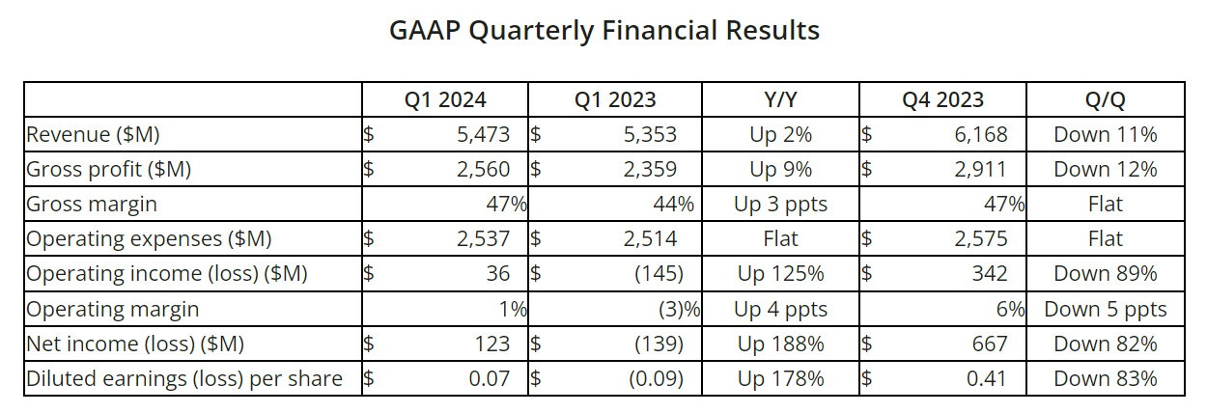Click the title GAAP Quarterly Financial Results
coord(604,31)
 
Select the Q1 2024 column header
coord(445,100)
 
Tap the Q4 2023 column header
coord(943,100)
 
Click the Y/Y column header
coord(780,100)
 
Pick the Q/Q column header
coord(1106,100)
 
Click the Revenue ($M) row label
coord(93,135)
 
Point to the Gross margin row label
coord(92,205)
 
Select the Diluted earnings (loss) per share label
coord(184,379)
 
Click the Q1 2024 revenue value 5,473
coord(483,135)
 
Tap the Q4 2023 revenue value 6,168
coord(981,135)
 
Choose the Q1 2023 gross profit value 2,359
coord(650,170)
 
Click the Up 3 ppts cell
coord(780,205)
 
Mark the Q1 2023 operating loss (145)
coord(659,273)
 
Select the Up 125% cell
coord(780,274)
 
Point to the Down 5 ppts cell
coord(1106,310)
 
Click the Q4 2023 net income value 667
coord(990,344)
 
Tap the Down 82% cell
coord(1106,344)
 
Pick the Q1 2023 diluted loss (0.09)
coord(656,379)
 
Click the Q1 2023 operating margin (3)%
coord(679,310)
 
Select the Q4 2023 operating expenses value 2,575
coord(981,239)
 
